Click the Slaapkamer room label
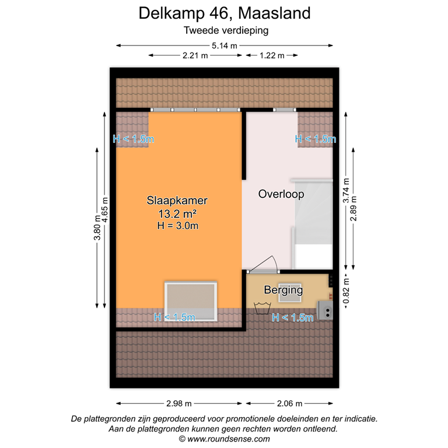tap(177, 201)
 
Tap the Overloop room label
tap(281, 195)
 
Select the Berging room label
tap(283, 289)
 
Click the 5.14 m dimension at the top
tap(225, 45)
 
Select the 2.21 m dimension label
tap(195, 56)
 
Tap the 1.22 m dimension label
tap(271, 56)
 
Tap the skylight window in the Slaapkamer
tap(191, 300)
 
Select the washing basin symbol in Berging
tap(262, 304)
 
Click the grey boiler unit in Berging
tap(324, 311)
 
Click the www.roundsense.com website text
tap(229, 439)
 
